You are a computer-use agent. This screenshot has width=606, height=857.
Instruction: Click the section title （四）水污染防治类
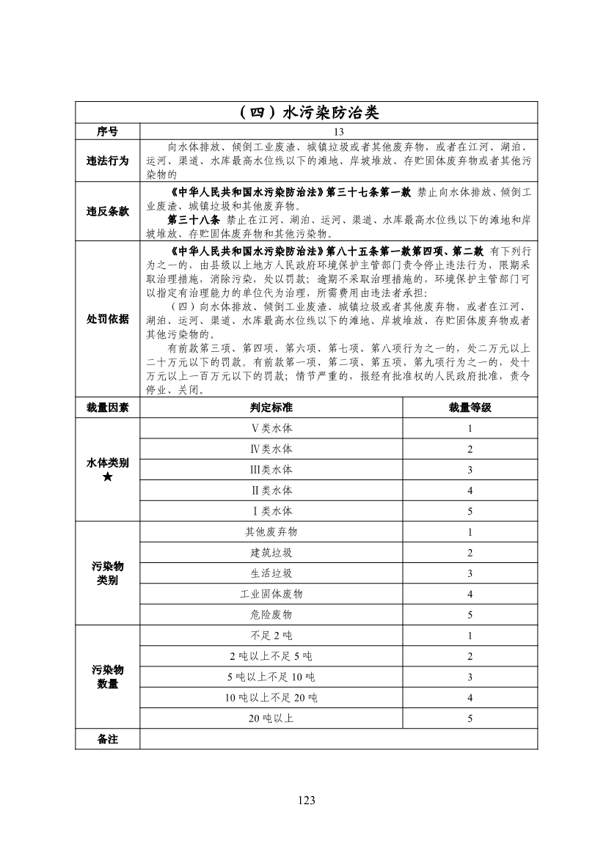[306, 113]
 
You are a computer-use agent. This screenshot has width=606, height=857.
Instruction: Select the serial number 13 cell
[338, 131]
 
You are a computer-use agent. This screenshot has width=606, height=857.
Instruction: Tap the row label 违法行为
[107, 161]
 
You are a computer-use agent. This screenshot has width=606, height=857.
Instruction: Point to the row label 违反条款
[107, 211]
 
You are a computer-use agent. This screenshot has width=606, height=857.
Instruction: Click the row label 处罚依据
[107, 319]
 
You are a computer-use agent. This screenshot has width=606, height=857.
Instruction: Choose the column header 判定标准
[271, 408]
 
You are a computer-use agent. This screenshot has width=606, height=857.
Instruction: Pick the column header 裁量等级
[470, 408]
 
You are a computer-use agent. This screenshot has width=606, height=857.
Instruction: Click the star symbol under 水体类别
[107, 478]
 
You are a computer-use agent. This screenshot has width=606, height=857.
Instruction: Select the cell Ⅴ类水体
[271, 429]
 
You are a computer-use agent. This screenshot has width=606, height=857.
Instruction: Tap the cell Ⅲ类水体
[271, 470]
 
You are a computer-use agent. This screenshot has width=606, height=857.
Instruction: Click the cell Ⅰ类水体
[271, 511]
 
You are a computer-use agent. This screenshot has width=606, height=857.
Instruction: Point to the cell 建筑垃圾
[271, 553]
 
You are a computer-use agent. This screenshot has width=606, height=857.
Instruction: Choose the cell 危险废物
[271, 614]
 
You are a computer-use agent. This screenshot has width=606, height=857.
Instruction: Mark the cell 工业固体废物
[271, 594]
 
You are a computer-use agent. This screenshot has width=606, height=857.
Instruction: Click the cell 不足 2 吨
[271, 636]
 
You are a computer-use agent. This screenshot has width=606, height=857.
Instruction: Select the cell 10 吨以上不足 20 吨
[271, 697]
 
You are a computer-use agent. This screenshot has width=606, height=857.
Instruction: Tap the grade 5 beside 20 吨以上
[470, 718]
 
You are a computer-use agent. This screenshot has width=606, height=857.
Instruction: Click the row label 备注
[107, 739]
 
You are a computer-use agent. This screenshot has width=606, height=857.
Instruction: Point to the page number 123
[307, 800]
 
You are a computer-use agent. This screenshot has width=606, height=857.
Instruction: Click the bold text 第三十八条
[194, 219]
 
